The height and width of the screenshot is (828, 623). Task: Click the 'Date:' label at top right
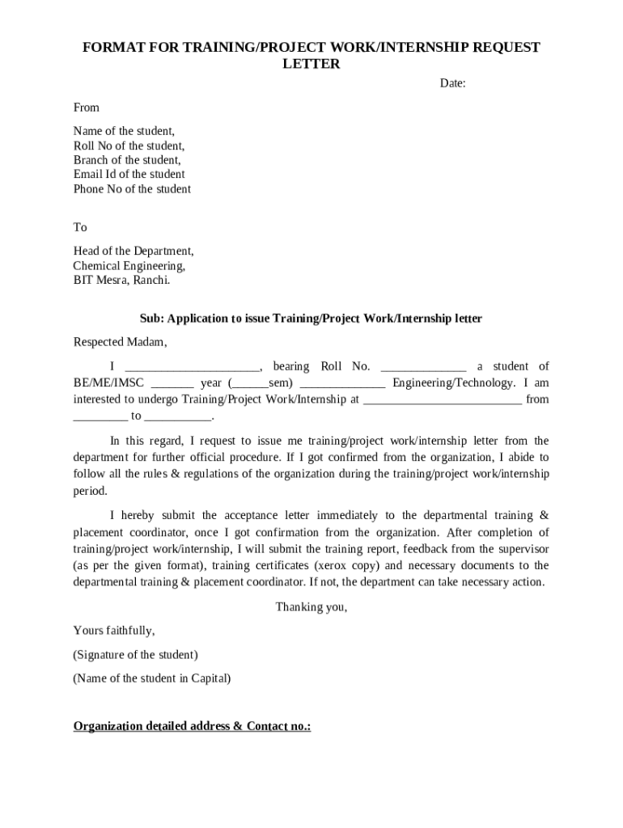point(452,83)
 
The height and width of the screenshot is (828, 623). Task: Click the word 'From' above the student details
point(87,108)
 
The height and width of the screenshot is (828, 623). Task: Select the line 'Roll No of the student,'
point(129,146)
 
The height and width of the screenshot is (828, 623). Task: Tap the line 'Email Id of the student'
point(129,175)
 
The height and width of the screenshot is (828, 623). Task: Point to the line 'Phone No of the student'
point(132,189)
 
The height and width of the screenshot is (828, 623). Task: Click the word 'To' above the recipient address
point(80,227)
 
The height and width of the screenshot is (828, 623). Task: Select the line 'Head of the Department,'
point(133,251)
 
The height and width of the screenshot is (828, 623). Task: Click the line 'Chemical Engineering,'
point(129,265)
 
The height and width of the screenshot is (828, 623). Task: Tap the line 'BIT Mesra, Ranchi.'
point(122,280)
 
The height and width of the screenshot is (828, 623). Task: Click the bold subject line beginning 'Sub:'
point(311,319)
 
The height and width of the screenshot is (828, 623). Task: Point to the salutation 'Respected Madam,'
point(120,341)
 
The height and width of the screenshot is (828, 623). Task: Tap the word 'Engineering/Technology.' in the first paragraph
point(453,382)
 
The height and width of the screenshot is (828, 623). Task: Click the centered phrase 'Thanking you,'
point(311,607)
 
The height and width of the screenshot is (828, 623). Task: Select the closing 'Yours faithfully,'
point(114,630)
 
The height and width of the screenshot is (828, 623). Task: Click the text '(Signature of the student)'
point(135,654)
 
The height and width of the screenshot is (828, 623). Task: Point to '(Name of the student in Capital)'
point(152,678)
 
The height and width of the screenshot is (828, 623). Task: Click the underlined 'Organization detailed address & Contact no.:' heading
point(193,726)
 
